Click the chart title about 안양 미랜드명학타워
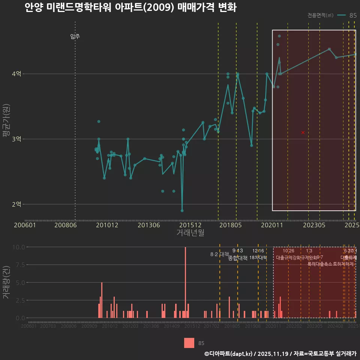coord(130,8)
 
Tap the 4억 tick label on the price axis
coord(16,74)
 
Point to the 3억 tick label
coord(16,139)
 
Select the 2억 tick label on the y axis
coord(16,204)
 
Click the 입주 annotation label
coord(75,36)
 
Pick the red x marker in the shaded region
coord(303,132)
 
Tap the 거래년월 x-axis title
coord(190,233)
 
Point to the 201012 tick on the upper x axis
coord(107,225)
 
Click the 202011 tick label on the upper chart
coord(271,225)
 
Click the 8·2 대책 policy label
coord(219,254)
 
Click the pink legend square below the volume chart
coord(189,343)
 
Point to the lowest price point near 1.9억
coord(182,211)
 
